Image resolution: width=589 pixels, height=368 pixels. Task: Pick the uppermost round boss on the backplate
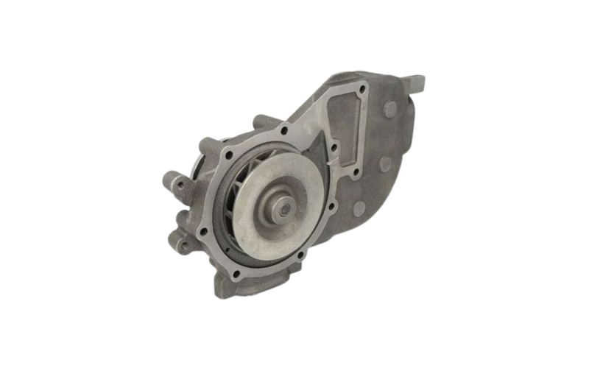(389, 108)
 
